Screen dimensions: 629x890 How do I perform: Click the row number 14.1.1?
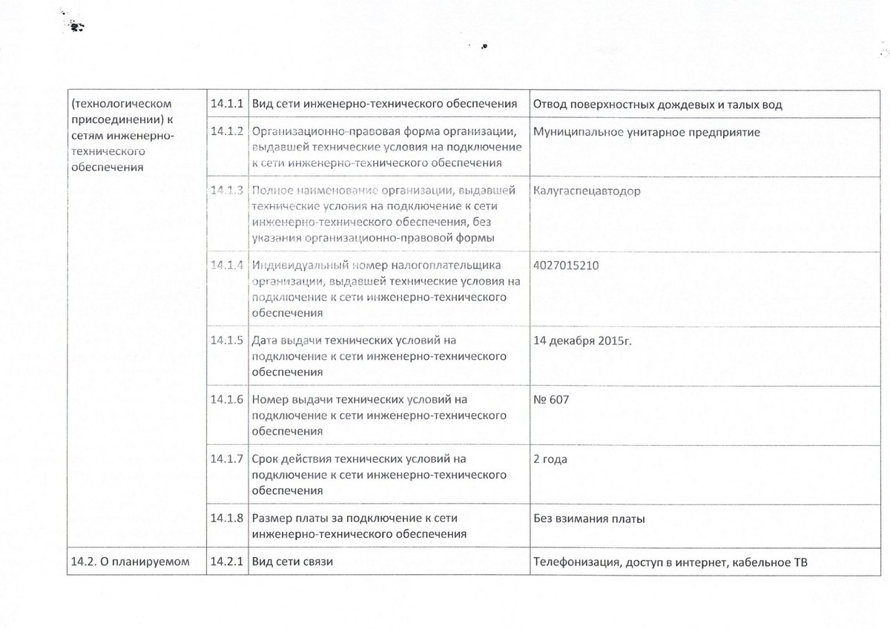point(227,104)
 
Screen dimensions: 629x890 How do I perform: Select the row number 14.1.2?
point(227,131)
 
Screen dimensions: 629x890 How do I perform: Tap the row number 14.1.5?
point(227,341)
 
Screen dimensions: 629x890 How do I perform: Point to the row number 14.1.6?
point(227,400)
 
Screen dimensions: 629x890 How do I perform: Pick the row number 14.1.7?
point(227,458)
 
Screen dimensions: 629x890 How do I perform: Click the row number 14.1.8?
point(227,518)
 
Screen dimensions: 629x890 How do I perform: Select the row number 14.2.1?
point(227,562)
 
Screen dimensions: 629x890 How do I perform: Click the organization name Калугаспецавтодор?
point(587,191)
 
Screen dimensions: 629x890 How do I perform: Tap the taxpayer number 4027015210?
point(564,265)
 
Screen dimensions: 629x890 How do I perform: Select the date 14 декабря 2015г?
point(581,341)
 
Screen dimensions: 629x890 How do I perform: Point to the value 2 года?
point(550,459)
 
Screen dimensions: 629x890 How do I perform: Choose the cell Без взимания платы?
point(589,518)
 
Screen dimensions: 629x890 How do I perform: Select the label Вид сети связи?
point(292,562)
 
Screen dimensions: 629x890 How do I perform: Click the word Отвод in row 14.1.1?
point(550,104)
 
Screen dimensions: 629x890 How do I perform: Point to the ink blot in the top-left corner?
point(76,27)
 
